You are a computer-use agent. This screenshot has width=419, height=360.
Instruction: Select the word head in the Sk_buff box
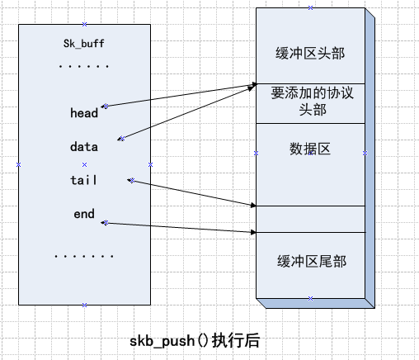pos(84,113)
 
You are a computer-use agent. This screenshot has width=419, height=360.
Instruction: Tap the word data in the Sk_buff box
pos(84,147)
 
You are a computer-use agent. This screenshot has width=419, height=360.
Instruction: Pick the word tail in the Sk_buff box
pos(84,180)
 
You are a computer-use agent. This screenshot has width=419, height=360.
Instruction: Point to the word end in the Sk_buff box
pos(84,215)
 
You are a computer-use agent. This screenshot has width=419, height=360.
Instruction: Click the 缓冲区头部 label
pos(309,54)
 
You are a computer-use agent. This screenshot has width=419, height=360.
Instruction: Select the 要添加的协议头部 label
pos(309,102)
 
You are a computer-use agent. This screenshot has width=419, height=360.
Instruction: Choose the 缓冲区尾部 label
pos(309,261)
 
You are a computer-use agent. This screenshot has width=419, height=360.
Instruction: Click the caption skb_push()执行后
pos(198,340)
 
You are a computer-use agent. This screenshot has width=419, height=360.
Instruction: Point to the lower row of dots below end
pos(84,257)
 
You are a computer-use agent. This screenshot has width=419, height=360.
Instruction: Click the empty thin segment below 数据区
pos(309,219)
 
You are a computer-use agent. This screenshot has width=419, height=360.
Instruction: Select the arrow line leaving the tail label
pos(190,192)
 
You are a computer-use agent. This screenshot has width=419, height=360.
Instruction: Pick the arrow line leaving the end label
pos(177,227)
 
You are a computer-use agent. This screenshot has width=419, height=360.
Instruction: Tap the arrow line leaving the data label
pos(186,111)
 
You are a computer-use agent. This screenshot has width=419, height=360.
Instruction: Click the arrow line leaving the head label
pos(177,95)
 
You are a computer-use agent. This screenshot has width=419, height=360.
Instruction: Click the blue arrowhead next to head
pos(105,106)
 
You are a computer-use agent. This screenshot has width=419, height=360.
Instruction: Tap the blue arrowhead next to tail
pos(129,179)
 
